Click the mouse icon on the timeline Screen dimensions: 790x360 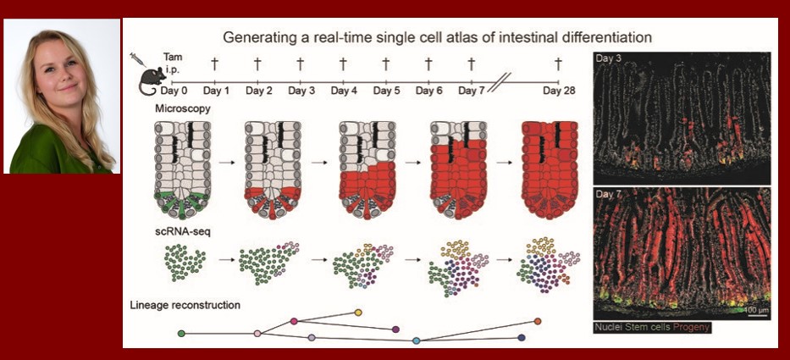pyautogui.click(x=152, y=80)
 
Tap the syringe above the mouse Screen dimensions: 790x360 pyautogui.click(x=137, y=59)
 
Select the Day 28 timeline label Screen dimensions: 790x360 pyautogui.click(x=559, y=91)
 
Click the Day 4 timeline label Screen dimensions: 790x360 pyautogui.click(x=343, y=91)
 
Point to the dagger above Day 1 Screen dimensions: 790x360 pyautogui.click(x=214, y=64)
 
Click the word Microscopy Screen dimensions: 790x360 pyautogui.click(x=176, y=109)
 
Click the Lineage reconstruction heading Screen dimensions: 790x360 pyautogui.click(x=185, y=305)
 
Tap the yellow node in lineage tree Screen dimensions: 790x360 pyautogui.click(x=358, y=313)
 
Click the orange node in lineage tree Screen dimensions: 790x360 pyautogui.click(x=538, y=321)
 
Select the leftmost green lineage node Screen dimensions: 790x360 pyautogui.click(x=181, y=333)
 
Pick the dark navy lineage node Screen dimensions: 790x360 pyautogui.click(x=522, y=337)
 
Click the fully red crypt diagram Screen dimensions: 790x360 pyautogui.click(x=550, y=169)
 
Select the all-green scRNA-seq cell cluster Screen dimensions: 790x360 pyautogui.click(x=185, y=263)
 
